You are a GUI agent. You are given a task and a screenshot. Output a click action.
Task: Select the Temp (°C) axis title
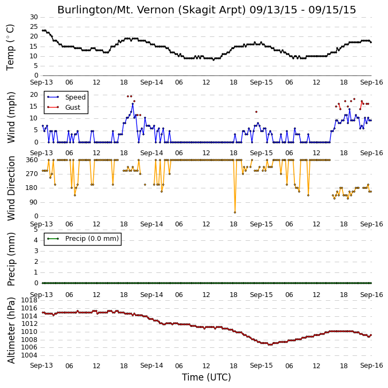click(10, 47)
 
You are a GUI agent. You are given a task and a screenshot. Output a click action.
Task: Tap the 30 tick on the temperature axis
click(34, 17)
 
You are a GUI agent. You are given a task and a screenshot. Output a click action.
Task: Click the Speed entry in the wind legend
click(75, 97)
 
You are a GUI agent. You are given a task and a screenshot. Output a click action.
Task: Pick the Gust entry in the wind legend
click(73, 108)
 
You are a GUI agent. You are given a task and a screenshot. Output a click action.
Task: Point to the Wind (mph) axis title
click(11, 117)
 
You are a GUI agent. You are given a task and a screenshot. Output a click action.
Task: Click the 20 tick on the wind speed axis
click(34, 95)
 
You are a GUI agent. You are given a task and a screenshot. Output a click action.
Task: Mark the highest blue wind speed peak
click(133, 104)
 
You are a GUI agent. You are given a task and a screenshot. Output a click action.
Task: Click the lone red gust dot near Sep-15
click(256, 112)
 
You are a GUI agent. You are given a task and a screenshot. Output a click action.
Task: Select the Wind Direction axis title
click(11, 188)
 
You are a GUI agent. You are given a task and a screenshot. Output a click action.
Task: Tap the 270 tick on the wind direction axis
click(32, 174)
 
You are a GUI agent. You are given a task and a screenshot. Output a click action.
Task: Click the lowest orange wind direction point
click(235, 212)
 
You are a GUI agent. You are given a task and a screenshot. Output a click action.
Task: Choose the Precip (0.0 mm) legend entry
click(92, 239)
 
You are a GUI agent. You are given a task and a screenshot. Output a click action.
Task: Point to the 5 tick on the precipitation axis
click(36, 230)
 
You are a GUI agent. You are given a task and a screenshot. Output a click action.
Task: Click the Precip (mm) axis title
click(11, 259)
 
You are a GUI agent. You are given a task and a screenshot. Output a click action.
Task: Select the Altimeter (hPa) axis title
click(11, 330)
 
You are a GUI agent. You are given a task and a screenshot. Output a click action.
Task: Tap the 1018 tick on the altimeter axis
click(29, 300)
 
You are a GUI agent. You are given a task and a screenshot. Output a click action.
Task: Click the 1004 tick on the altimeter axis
click(29, 355)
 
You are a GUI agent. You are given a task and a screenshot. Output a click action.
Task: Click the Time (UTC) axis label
click(207, 377)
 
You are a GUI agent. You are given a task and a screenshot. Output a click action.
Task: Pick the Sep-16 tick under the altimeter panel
click(371, 366)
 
